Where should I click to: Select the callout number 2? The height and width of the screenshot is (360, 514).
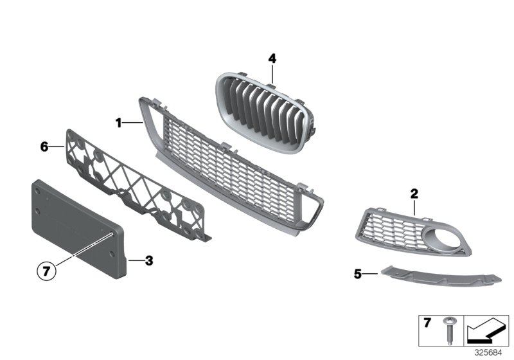414,193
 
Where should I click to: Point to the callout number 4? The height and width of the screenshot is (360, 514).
272,59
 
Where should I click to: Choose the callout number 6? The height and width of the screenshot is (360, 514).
44,147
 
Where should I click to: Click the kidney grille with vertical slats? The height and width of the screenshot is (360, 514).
263,106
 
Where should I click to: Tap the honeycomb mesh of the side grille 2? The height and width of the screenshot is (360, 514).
392,225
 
